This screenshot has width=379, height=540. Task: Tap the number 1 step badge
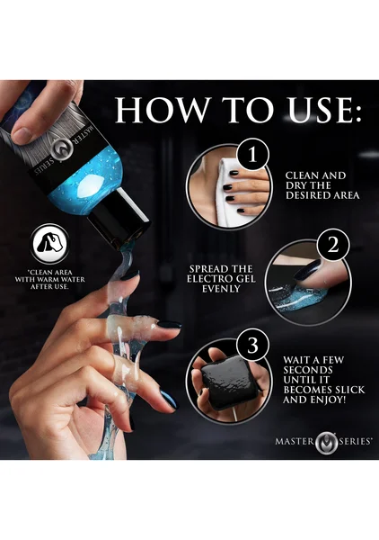tap(252, 154)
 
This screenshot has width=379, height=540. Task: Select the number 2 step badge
tap(332, 246)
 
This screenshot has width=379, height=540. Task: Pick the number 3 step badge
tap(252, 345)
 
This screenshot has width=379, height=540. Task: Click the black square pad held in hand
tap(228, 382)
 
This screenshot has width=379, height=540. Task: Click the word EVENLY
tap(220, 289)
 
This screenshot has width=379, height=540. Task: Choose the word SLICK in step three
tap(347, 390)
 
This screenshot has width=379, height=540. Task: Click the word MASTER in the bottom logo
tap(295, 441)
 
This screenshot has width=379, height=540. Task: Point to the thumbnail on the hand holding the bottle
tap(22, 135)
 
